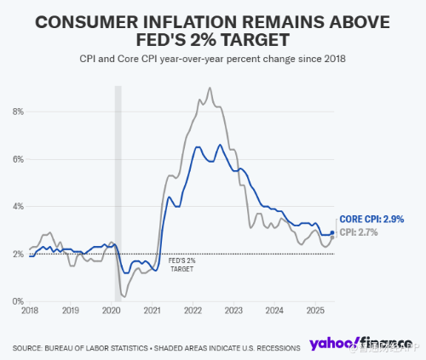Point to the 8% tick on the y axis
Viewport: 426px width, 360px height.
[18, 111]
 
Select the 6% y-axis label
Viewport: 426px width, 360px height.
[18, 159]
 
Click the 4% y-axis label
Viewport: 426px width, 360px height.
[18, 207]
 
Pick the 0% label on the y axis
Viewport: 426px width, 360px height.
[18, 301]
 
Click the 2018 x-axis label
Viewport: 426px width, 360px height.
[30, 311]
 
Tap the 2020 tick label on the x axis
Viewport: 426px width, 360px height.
[112, 311]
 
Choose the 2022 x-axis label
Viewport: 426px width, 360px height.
[193, 311]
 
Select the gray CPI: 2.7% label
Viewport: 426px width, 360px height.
[361, 231]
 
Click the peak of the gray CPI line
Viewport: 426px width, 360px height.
[210, 88]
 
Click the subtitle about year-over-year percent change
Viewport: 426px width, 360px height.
[212, 58]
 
